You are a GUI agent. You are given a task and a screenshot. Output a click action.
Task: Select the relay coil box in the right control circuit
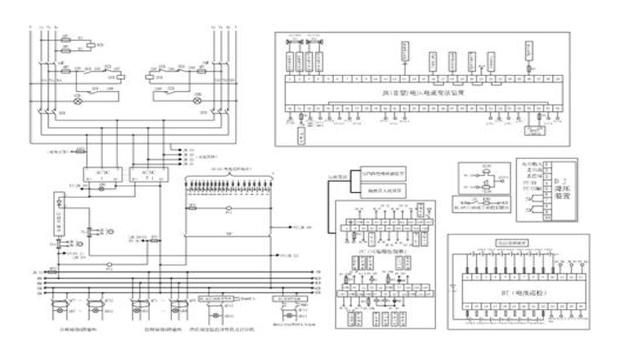[x=151, y=72]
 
